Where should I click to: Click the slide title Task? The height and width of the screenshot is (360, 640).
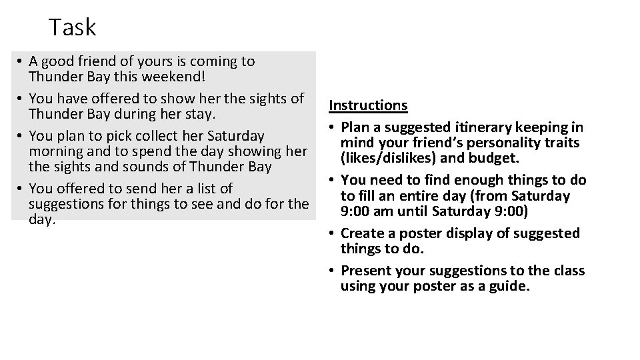(73, 27)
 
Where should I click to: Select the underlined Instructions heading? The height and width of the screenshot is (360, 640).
(368, 105)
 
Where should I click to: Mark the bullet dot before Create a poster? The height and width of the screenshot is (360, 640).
(331, 233)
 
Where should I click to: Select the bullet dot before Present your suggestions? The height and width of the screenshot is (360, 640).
(331, 271)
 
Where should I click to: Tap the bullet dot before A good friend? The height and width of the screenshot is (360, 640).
(21, 62)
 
